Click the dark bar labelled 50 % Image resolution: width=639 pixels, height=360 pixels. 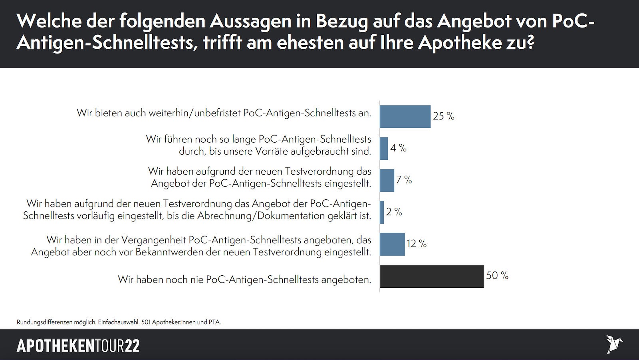click(432, 276)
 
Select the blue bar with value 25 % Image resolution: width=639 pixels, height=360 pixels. click(405, 117)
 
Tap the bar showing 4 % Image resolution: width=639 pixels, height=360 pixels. click(384, 149)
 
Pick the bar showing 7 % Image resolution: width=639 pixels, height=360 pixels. click(387, 180)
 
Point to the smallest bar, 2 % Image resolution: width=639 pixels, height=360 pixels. click(382, 212)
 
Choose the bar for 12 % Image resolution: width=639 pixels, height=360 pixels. click(392, 244)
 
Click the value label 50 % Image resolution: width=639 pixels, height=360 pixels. click(497, 276)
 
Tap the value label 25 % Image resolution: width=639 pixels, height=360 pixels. click(443, 116)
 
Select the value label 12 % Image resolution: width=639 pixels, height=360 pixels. click(417, 244)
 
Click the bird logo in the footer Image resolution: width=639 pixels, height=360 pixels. click(614, 344)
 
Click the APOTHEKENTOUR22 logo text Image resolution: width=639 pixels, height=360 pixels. click(78, 346)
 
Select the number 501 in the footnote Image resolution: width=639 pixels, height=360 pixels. click(146, 322)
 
